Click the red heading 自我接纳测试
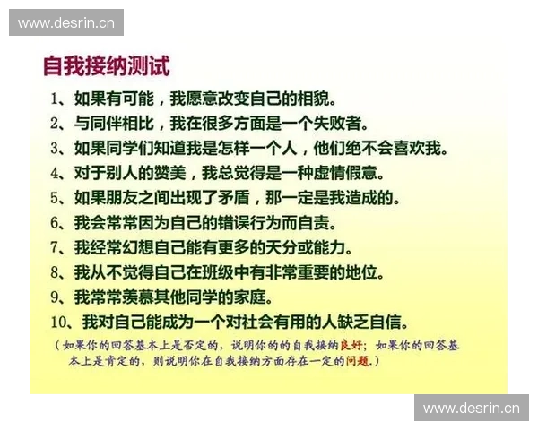coord(107,67)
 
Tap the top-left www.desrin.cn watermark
coord(67,22)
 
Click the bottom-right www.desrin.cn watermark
coord(471,408)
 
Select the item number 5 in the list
coord(56,198)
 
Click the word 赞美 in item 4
coord(177,173)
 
